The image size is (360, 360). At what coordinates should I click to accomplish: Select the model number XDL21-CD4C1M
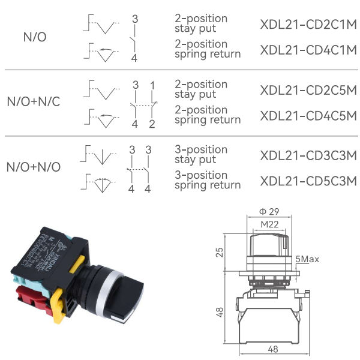(308, 50)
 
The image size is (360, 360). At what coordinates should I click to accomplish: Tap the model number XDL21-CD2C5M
(308, 90)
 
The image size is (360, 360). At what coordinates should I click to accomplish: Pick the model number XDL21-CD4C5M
(308, 116)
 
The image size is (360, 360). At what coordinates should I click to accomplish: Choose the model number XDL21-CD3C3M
(308, 155)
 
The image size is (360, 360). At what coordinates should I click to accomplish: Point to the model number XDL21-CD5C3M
(308, 181)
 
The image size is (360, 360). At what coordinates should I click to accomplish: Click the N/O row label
(34, 37)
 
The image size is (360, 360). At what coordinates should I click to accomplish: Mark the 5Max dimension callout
(307, 259)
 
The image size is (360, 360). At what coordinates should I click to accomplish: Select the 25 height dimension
(219, 251)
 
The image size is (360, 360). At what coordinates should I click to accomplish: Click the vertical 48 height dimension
(219, 312)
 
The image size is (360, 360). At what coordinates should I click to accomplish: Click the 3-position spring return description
(208, 180)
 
